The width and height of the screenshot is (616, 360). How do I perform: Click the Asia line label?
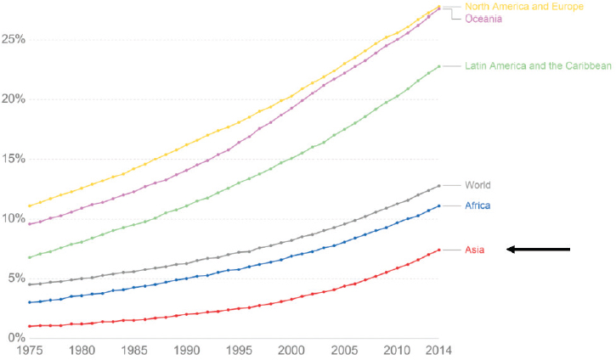476,250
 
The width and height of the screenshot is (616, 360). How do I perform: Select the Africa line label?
478,205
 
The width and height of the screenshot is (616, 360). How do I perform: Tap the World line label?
478,185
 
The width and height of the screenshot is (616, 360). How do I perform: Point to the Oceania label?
483,19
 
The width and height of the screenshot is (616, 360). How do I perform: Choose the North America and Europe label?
523,7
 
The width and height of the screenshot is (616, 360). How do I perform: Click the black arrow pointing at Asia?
539,249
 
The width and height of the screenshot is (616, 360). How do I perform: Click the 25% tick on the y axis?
13,40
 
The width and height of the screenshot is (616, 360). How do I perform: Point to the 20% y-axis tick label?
13,99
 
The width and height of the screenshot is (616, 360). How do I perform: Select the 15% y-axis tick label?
13,159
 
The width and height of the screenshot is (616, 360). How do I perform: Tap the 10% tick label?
13,218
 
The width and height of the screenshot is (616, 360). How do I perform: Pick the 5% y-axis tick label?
15,278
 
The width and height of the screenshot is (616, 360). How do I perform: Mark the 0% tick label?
15,337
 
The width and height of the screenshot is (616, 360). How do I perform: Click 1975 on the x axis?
31,350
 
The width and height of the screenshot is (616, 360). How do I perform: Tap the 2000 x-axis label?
291,350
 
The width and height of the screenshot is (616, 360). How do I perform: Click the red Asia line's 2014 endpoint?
438,250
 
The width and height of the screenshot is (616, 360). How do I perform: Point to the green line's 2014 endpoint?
438,66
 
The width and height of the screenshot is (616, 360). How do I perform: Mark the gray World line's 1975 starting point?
30,284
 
